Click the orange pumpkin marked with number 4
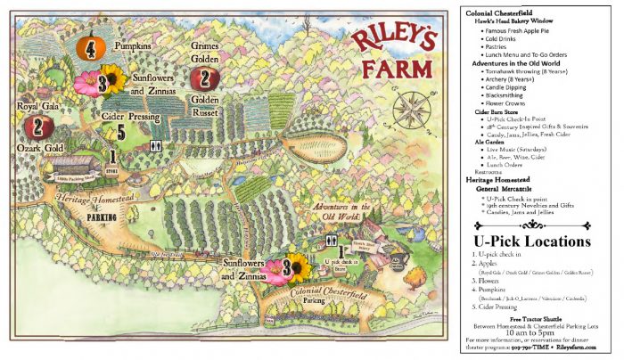point(91,48)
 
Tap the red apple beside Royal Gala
point(37,127)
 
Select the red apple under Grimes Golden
point(206,77)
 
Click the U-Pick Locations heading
point(532,241)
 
